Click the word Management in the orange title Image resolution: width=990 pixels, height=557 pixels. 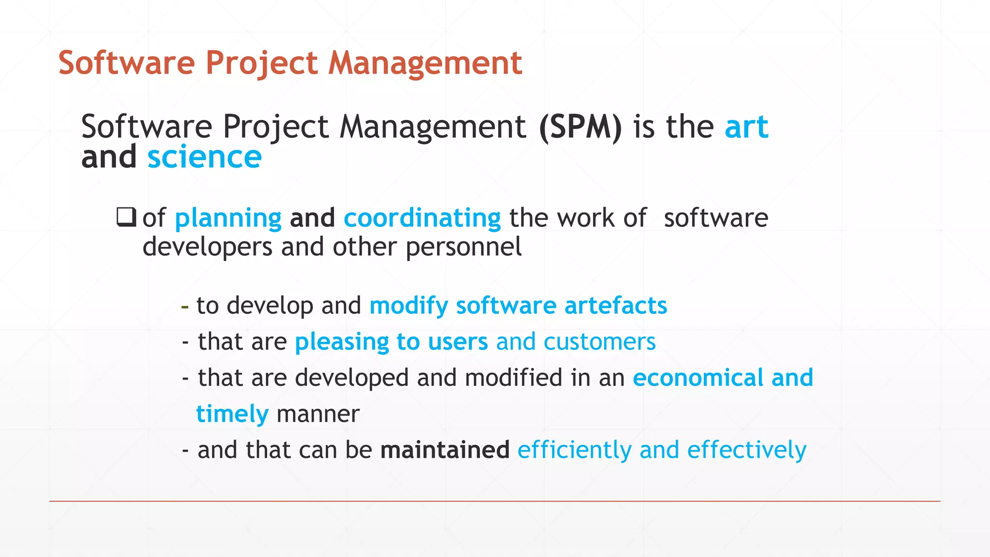pos(425,64)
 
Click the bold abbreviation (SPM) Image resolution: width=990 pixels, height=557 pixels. pos(580,127)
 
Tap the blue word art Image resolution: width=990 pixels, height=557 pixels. pos(746,127)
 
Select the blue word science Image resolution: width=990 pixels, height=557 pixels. pos(204,158)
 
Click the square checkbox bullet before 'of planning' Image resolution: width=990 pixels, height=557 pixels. pos(126,217)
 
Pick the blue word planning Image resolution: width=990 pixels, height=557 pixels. pos(228,219)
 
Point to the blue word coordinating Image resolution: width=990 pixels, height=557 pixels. pos(422,219)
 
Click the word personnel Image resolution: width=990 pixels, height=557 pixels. pos(464,247)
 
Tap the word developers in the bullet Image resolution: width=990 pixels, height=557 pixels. pos(207,247)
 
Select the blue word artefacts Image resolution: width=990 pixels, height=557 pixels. pos(615,306)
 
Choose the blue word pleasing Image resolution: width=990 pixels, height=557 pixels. pos(342,342)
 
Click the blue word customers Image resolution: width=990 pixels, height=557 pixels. pos(599,342)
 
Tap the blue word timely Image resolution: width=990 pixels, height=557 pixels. pos(232,414)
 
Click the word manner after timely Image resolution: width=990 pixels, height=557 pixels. pos(318,414)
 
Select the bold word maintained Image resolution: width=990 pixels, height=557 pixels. pos(445,450)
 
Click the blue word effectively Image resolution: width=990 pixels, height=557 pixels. pos(746,450)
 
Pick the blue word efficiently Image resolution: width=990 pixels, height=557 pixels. pos(574,450)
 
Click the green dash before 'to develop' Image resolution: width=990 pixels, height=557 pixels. pos(185,306)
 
